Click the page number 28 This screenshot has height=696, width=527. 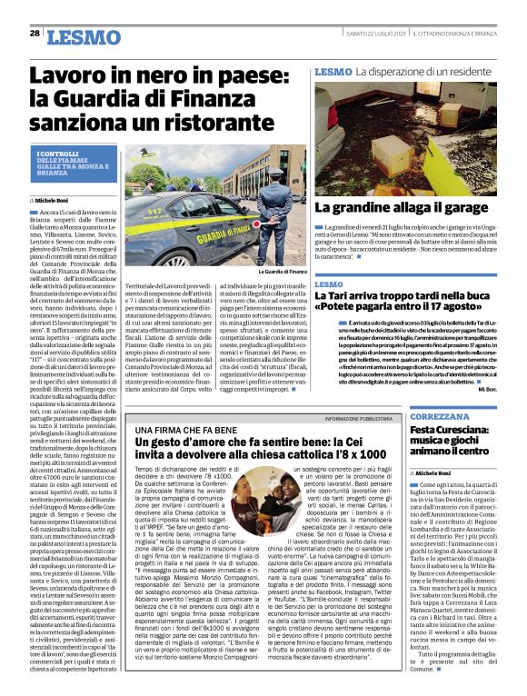(x=34, y=34)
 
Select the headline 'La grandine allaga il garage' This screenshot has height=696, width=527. (x=403, y=207)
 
